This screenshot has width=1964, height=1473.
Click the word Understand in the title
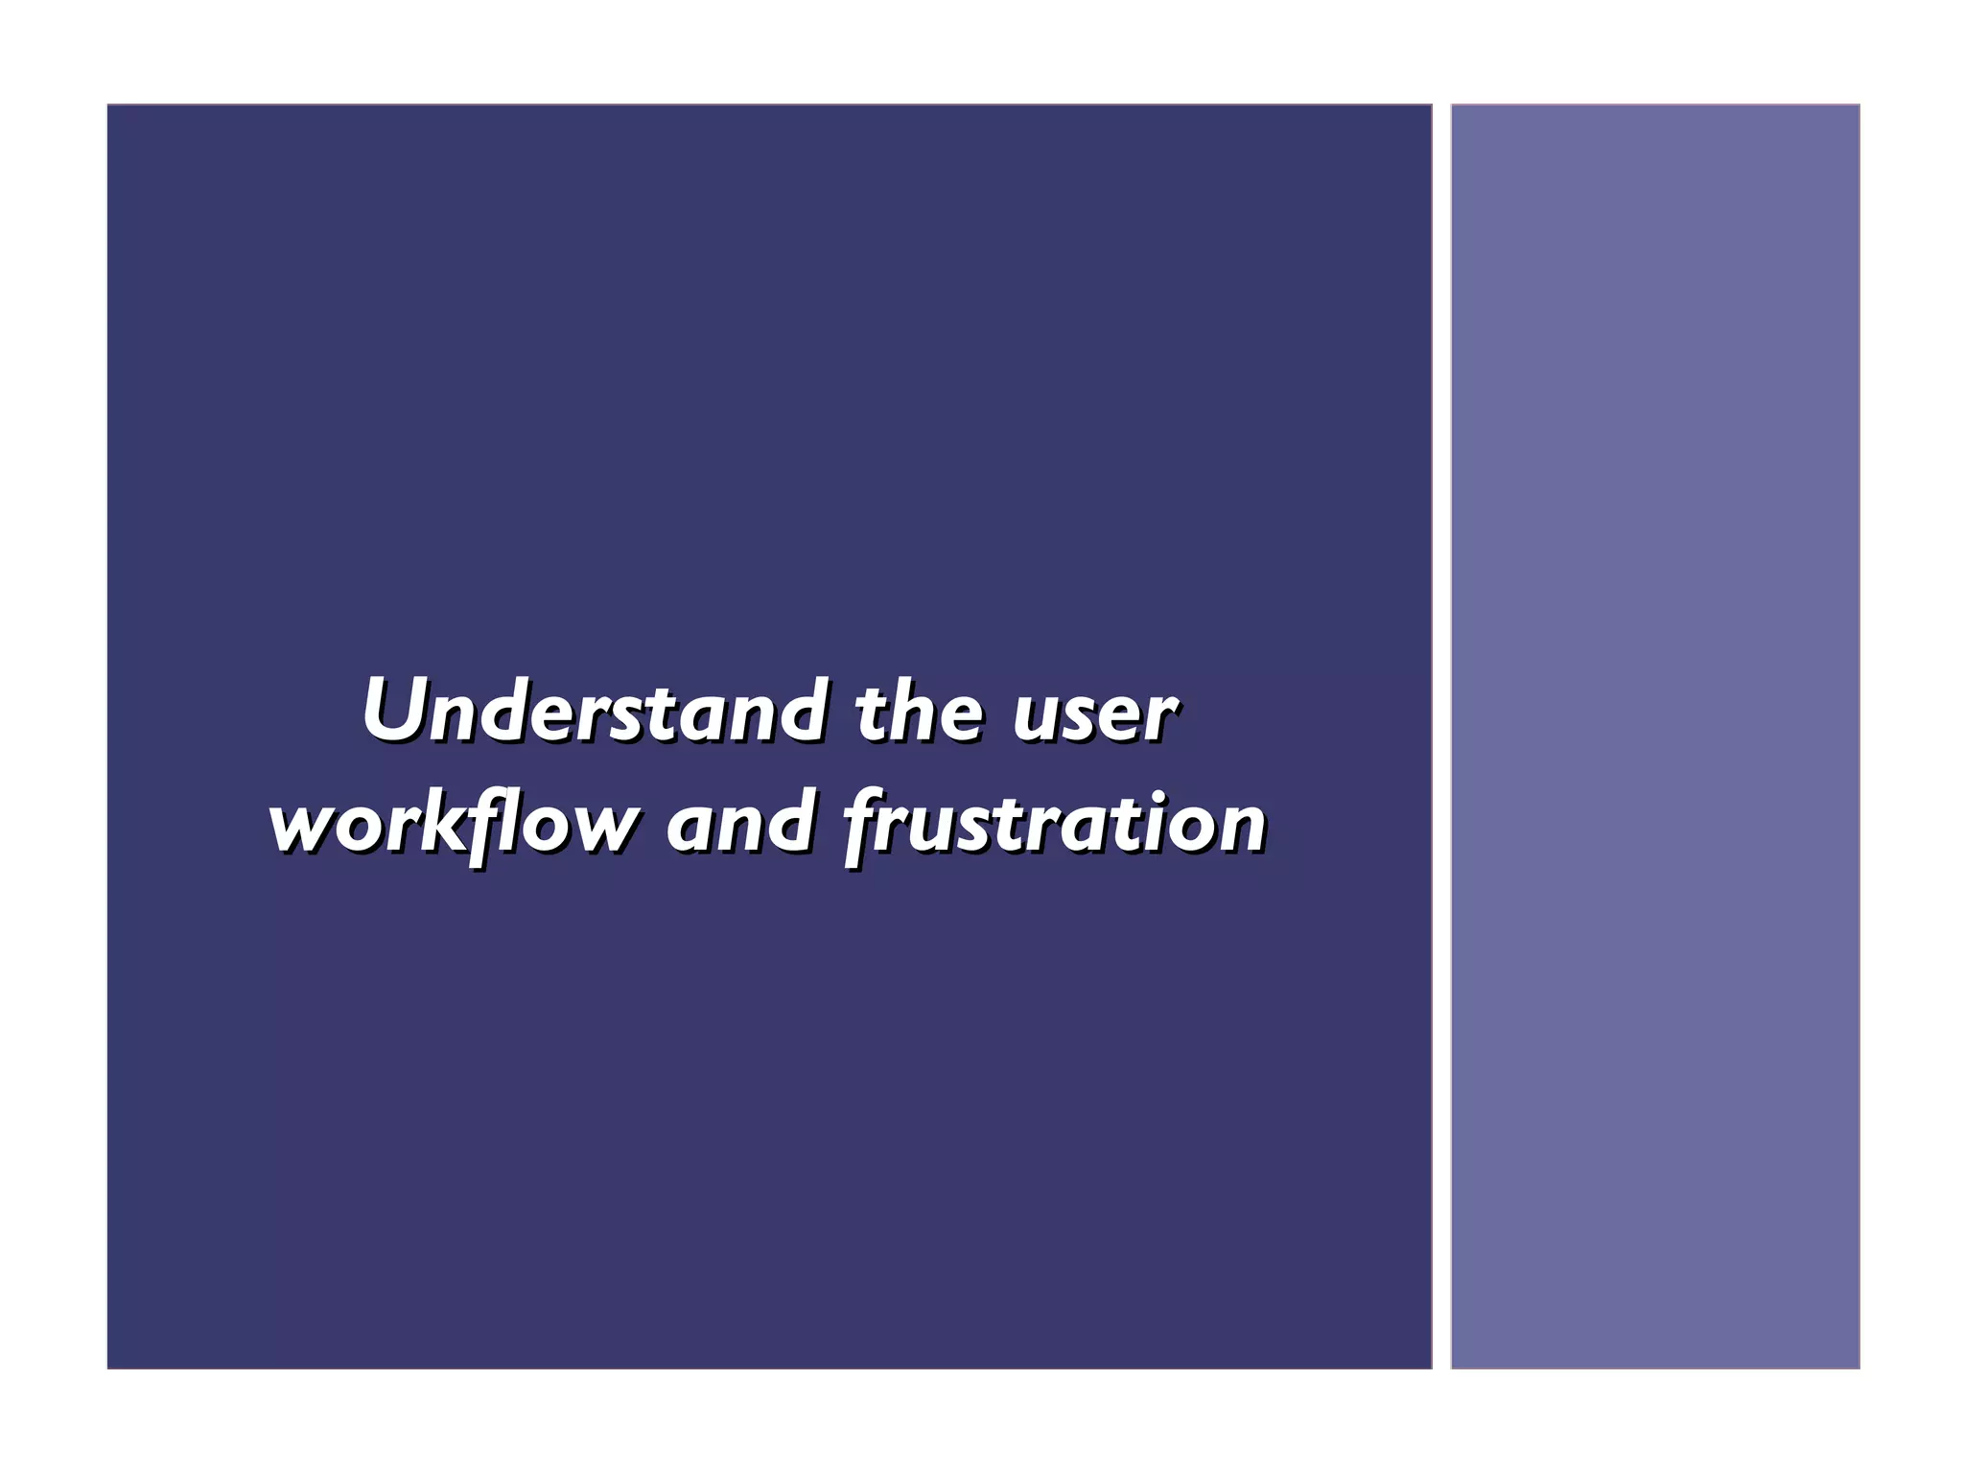click(x=593, y=712)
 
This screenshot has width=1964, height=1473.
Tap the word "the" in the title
click(x=919, y=712)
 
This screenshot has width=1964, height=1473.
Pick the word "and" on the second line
click(x=739, y=823)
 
